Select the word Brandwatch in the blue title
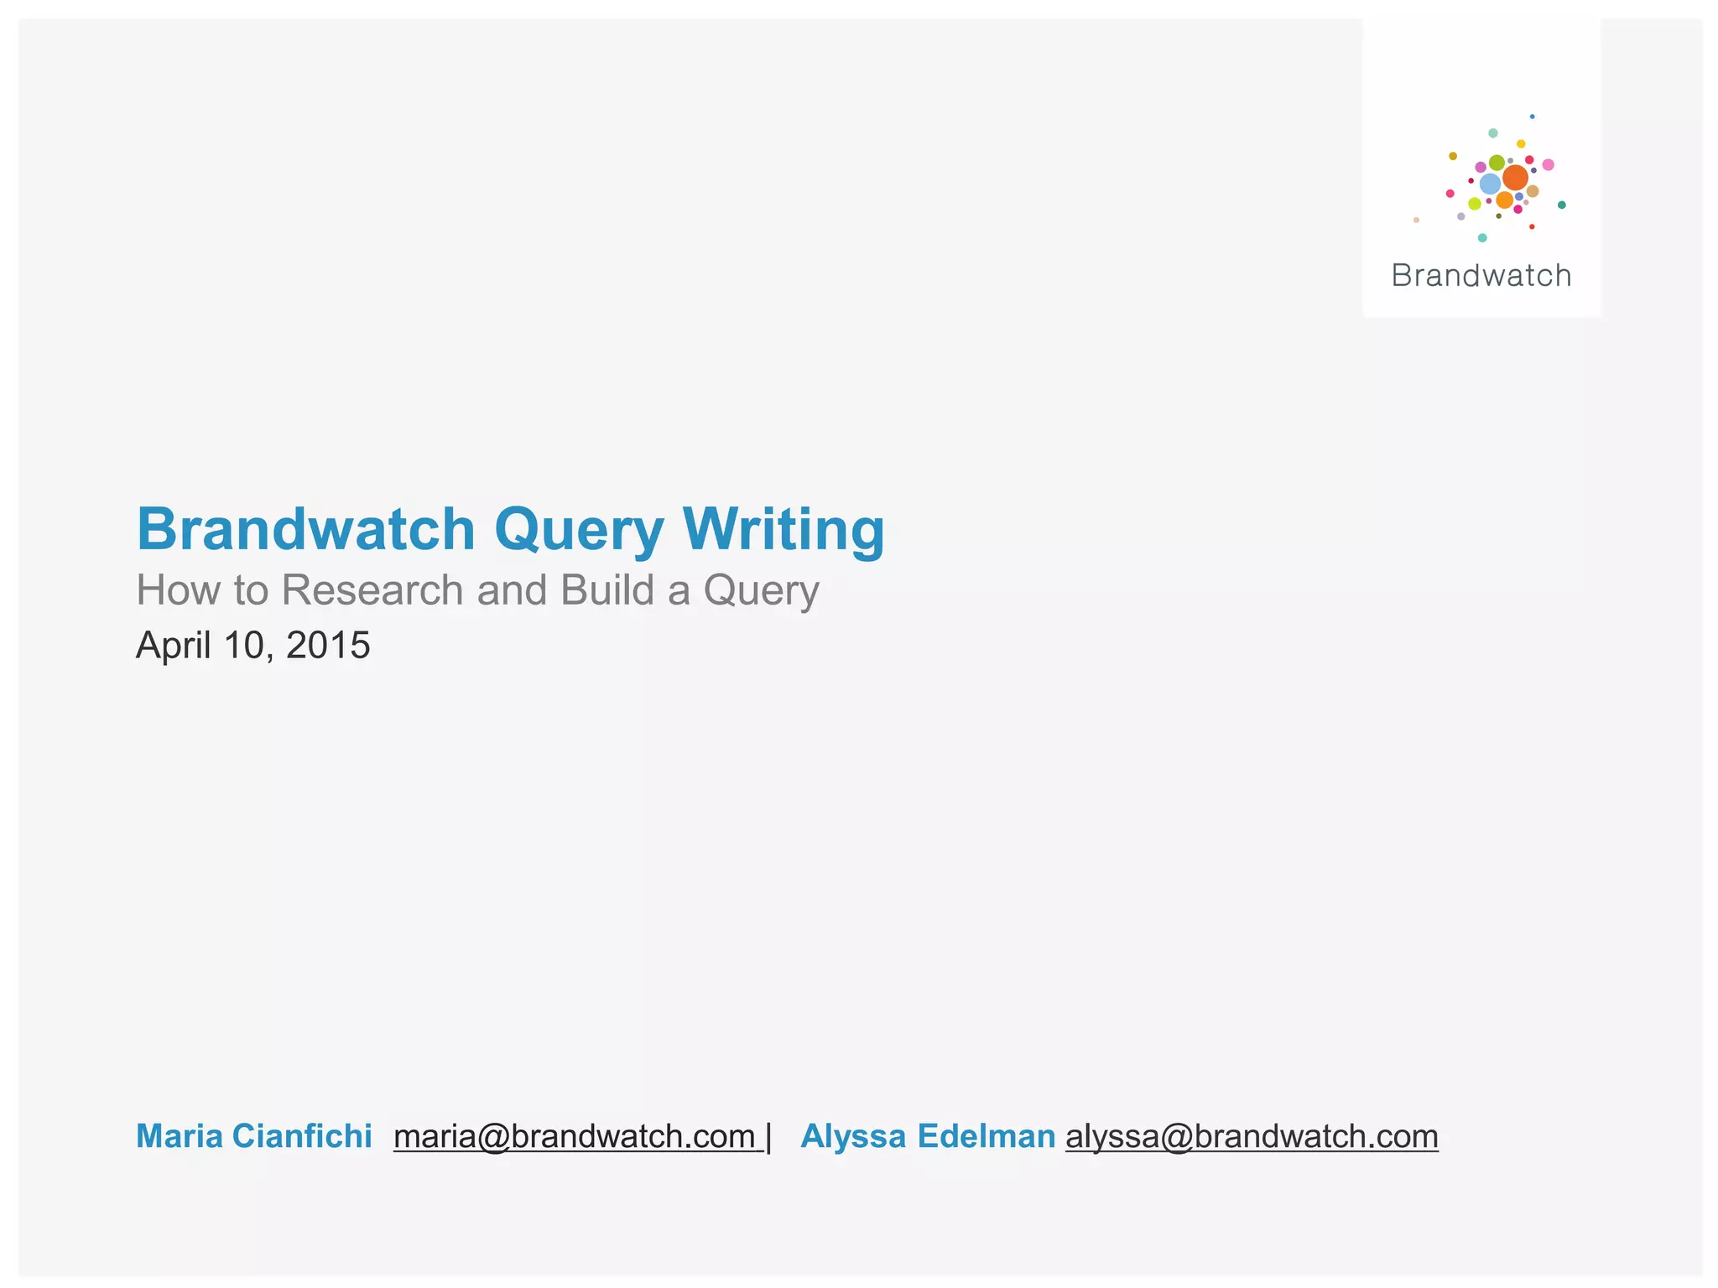306,530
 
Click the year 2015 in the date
328,646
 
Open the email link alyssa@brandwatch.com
1252,1136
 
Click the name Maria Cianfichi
253,1136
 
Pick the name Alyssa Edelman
928,1136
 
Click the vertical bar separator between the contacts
768,1138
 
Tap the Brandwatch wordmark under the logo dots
1481,276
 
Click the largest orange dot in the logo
1515,178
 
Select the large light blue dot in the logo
1490,184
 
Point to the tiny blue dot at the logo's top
1532,117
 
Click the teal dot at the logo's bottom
1482,238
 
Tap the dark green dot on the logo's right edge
1561,205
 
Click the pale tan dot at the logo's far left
1416,220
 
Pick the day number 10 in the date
242,646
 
